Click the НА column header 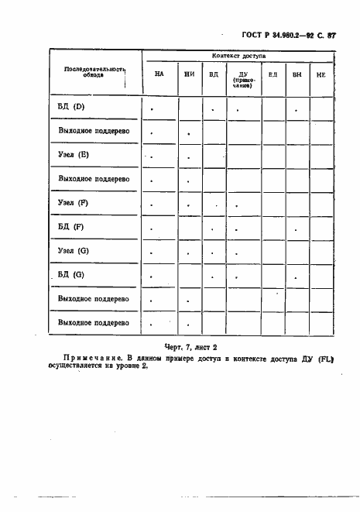159,75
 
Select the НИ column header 189,75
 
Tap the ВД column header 212,75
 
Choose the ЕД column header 273,75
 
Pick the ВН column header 297,75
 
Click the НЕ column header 321,75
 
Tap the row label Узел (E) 74,155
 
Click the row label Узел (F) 74,203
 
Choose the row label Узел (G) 74,251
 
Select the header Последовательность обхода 94,72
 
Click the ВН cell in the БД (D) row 297,109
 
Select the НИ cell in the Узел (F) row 189,204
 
